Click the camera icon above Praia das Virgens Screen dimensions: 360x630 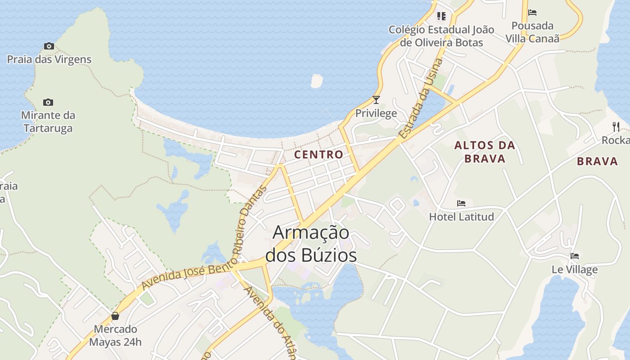pyautogui.click(x=49, y=46)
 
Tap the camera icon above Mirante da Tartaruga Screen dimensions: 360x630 pyautogui.click(x=48, y=102)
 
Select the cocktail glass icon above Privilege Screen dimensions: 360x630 pyautogui.click(x=376, y=99)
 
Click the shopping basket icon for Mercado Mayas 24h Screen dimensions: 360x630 pyautogui.click(x=115, y=316)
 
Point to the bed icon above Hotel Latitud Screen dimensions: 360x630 pyautogui.click(x=461, y=203)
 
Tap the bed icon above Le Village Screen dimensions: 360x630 pyautogui.click(x=575, y=256)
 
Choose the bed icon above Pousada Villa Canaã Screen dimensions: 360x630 pyautogui.click(x=532, y=13)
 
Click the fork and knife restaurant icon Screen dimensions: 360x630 pyautogui.click(x=616, y=126)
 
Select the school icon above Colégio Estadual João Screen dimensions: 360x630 pyautogui.click(x=441, y=16)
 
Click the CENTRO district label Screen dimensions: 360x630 pyautogui.click(x=319, y=154)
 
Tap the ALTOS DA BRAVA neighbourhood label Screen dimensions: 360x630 pyautogui.click(x=485, y=152)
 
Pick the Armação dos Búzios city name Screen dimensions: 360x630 pyautogui.click(x=311, y=243)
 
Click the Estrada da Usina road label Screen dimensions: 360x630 pyautogui.click(x=420, y=99)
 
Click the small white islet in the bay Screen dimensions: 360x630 pyautogui.click(x=317, y=81)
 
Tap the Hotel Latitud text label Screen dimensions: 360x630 pyautogui.click(x=461, y=217)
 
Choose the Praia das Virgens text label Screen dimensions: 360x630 pyautogui.click(x=49, y=59)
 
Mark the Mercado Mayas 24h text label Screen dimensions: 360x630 pyautogui.click(x=115, y=335)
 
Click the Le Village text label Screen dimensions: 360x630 pyautogui.click(x=575, y=270)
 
